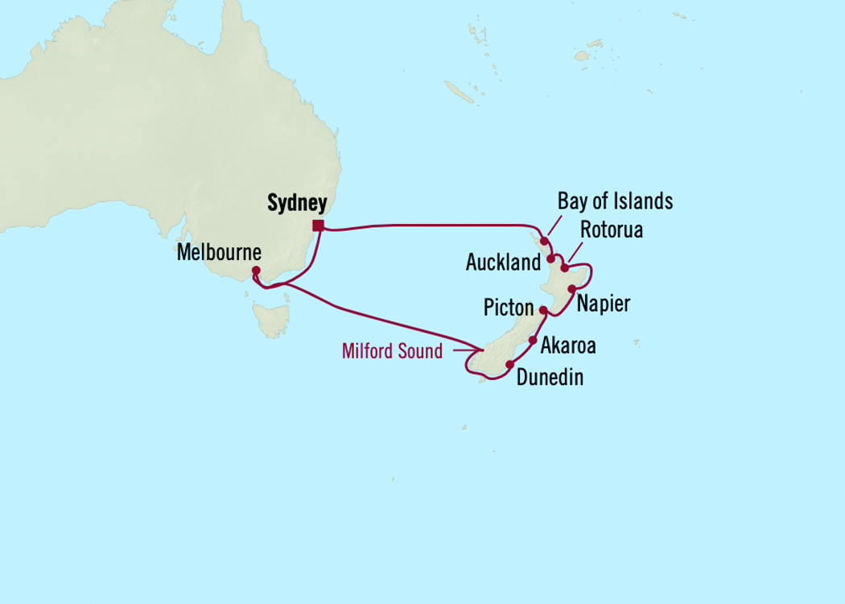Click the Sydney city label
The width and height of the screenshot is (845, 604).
296,204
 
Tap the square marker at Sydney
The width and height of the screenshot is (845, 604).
319,225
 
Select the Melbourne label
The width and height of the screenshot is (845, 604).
219,253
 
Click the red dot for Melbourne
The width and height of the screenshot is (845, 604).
256,271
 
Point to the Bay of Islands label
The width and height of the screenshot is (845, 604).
615,201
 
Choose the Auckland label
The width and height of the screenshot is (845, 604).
503,263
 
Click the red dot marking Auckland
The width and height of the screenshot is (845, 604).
550,259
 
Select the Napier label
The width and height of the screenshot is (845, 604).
603,304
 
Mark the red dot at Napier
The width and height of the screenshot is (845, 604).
572,288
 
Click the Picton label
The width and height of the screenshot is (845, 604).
509,308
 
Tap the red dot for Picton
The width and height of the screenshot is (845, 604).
542,310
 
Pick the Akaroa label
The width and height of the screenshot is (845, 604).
568,345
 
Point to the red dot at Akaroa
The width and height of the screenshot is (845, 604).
533,341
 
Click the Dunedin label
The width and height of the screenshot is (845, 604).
550,377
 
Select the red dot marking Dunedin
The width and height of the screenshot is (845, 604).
509,365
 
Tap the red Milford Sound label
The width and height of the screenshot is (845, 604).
392,351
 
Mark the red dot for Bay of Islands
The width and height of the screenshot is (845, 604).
545,239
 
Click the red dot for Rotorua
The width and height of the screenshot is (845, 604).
565,268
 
